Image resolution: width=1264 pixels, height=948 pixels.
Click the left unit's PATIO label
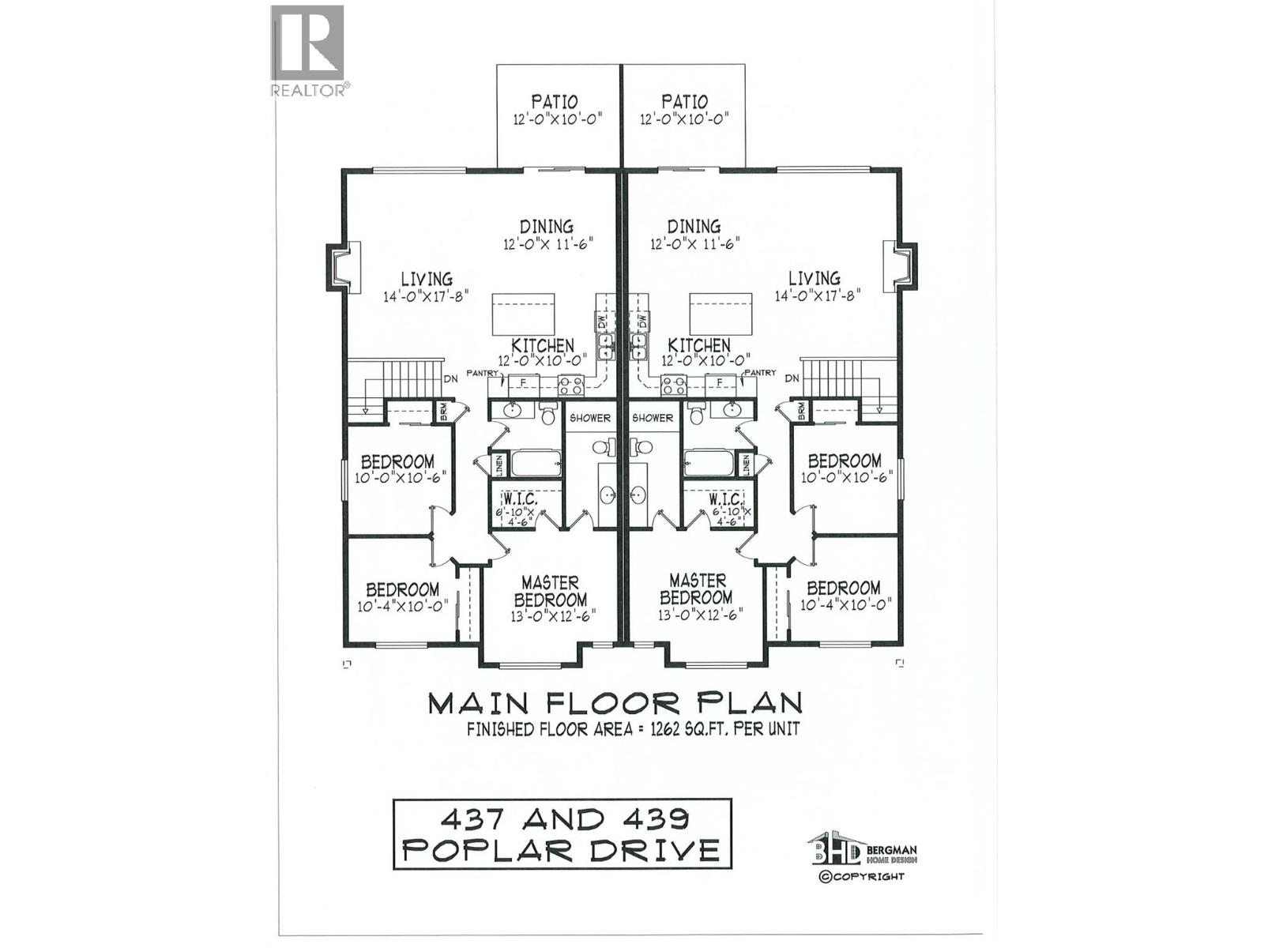554,102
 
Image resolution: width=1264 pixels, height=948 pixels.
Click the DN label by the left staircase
450,379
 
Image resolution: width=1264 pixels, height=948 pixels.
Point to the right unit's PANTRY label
761,373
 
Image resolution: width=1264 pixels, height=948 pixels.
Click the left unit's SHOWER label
590,418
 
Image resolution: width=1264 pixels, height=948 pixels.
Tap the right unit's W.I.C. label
724,500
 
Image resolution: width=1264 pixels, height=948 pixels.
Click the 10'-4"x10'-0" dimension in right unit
845,604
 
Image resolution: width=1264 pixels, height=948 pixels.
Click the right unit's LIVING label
814,278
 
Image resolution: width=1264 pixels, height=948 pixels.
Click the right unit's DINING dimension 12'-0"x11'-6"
694,244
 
